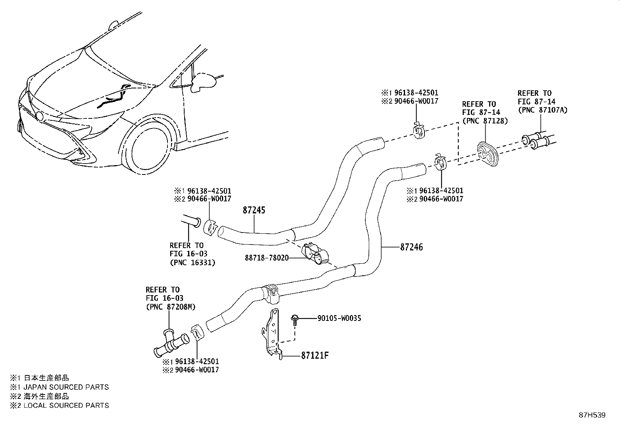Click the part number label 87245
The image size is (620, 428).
click(x=254, y=210)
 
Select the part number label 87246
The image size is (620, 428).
click(x=411, y=247)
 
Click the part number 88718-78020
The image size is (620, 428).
click(x=266, y=257)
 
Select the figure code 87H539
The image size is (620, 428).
click(x=592, y=415)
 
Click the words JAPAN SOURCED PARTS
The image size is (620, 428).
click(x=66, y=387)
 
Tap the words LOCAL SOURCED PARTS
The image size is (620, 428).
click(x=66, y=405)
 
